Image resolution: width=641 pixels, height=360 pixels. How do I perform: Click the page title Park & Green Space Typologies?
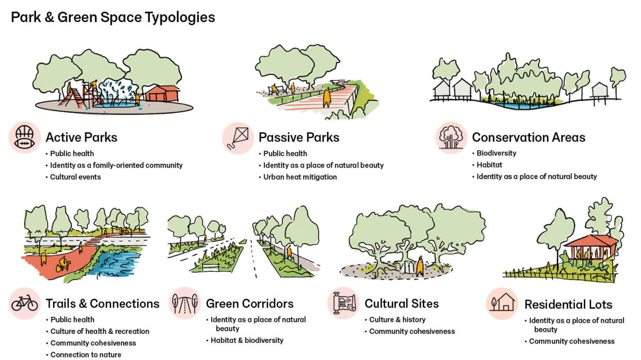pyautogui.click(x=113, y=18)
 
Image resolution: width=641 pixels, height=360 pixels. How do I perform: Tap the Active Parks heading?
pyautogui.click(x=81, y=137)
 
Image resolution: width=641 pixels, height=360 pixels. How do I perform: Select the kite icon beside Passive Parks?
pyautogui.click(x=237, y=138)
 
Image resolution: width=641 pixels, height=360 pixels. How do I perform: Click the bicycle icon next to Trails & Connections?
pyautogui.click(x=25, y=303)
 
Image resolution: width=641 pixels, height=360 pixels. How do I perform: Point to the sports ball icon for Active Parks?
pyautogui.click(x=25, y=137)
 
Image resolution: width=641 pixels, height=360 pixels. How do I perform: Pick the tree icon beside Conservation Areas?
pyautogui.click(x=451, y=138)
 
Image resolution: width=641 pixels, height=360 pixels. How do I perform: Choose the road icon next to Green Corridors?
pyautogui.click(x=185, y=303)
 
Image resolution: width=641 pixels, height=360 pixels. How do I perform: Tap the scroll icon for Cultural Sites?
pyautogui.click(x=344, y=303)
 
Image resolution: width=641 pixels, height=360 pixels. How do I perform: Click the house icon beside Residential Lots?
pyautogui.click(x=502, y=303)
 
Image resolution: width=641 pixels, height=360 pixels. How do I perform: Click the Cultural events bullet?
pyautogui.click(x=75, y=177)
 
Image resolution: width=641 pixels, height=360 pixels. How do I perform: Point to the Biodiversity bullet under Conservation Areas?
pyautogui.click(x=496, y=153)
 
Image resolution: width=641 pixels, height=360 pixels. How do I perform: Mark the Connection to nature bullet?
pyautogui.click(x=86, y=355)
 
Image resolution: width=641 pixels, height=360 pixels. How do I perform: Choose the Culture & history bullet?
pyautogui.click(x=397, y=319)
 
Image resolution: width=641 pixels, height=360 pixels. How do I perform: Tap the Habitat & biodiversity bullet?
pyautogui.click(x=247, y=340)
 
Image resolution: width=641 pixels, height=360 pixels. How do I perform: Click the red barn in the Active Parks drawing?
pyautogui.click(x=162, y=93)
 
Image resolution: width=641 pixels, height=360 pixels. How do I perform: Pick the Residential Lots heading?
pyautogui.click(x=568, y=304)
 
